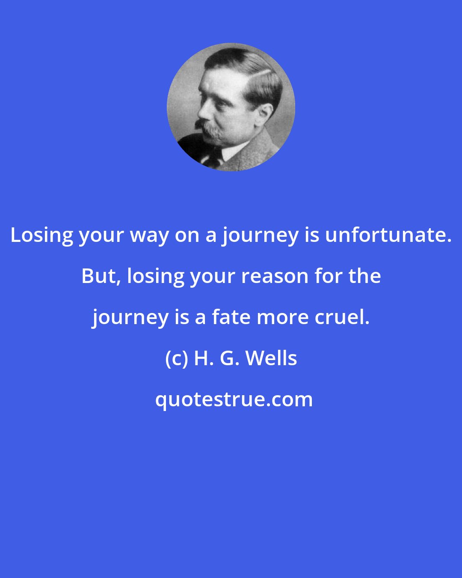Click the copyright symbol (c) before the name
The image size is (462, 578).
(x=176, y=358)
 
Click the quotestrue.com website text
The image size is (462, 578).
(x=234, y=399)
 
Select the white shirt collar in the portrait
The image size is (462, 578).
(x=233, y=152)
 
